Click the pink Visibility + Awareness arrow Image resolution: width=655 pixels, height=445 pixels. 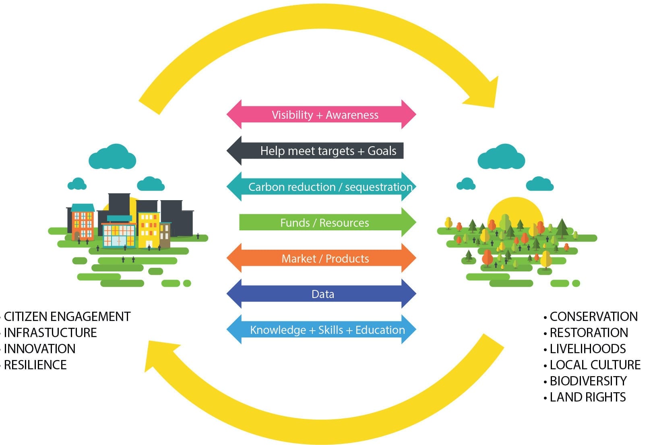tap(321, 115)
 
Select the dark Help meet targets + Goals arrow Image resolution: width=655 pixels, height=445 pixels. tap(318, 151)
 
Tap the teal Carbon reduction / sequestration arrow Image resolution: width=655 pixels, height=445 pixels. tap(321, 187)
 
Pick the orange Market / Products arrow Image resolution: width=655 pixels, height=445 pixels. tap(321, 259)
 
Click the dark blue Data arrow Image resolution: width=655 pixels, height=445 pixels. tap(321, 294)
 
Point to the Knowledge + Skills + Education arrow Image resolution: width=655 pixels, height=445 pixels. tap(321, 330)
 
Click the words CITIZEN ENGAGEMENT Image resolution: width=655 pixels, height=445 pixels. tap(67, 317)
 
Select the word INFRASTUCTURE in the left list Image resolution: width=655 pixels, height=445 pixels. tap(50, 333)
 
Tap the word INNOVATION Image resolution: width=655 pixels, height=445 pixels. tap(39, 349)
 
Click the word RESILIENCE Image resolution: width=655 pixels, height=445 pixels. tap(35, 365)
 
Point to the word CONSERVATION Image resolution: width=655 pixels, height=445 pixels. tap(593, 317)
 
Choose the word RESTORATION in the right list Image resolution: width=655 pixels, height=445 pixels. tap(589, 333)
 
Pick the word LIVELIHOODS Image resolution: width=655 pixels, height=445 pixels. tap(588, 349)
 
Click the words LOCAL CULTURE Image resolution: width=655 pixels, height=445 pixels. tap(595, 365)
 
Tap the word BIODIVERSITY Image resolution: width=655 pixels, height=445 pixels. tap(588, 381)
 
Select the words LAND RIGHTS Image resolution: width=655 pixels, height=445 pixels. tap(588, 397)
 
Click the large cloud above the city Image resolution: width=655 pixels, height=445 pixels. tap(112, 157)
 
